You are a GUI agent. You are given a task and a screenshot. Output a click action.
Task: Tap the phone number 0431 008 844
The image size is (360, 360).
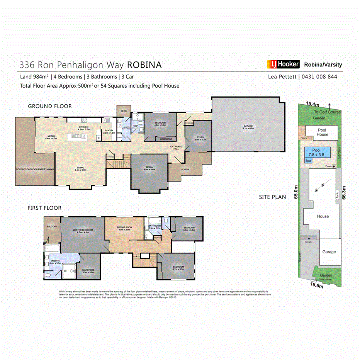point(319,76)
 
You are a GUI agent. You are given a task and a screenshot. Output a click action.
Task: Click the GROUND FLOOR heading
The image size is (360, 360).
point(49,106)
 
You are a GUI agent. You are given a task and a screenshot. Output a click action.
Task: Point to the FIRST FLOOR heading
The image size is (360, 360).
point(44,208)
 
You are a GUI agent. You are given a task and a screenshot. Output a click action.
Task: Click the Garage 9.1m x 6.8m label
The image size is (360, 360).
point(248,127)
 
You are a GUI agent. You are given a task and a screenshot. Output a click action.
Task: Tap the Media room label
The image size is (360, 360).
point(149,168)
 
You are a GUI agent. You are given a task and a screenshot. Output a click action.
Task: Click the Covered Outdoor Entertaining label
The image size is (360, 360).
point(35,169)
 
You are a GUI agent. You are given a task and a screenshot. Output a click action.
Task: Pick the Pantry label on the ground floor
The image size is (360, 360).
point(109,132)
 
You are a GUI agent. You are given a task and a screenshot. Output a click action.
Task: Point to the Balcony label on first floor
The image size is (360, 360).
point(52,226)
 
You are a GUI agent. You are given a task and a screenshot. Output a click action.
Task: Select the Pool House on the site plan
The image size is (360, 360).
point(322,132)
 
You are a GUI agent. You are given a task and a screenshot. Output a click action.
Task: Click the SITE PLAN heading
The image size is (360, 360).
point(272,197)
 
